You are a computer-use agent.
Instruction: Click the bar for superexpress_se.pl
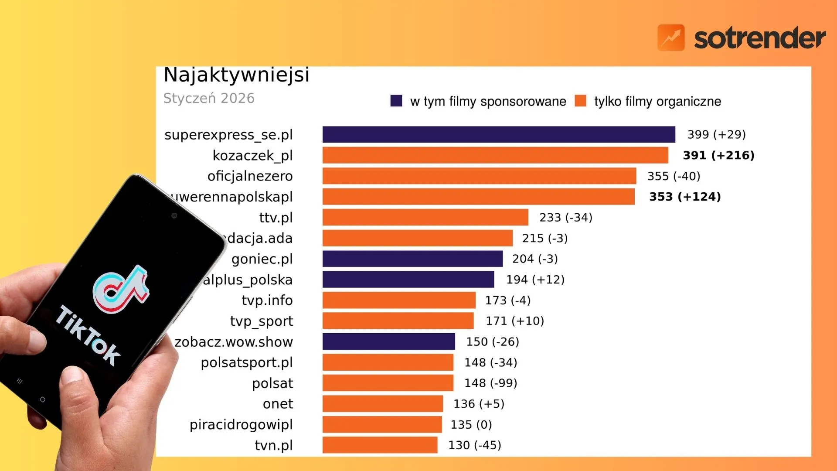click(499, 134)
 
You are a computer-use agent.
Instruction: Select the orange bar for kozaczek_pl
click(495, 155)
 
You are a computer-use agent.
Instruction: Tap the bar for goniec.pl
click(412, 259)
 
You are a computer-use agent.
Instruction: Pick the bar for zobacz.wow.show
click(388, 341)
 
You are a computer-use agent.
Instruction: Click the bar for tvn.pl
click(380, 445)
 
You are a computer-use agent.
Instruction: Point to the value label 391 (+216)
click(718, 155)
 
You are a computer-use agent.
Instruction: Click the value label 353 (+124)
click(685, 197)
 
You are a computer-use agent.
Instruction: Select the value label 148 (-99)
click(490, 383)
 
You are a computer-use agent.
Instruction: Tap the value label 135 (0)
click(471, 424)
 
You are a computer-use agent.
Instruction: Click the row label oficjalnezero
click(250, 176)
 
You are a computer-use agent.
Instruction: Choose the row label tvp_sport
click(262, 321)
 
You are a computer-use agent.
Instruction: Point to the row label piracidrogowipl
click(241, 424)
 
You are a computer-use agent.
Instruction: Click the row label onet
click(278, 404)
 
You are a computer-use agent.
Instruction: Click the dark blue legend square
click(396, 101)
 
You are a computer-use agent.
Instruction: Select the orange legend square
click(580, 101)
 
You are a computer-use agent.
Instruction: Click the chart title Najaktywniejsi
click(236, 75)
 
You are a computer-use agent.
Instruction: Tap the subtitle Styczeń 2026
click(209, 98)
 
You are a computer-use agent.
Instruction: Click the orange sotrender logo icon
click(671, 38)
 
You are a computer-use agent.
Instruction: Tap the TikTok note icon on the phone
click(121, 289)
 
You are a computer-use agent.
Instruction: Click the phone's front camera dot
click(174, 215)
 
